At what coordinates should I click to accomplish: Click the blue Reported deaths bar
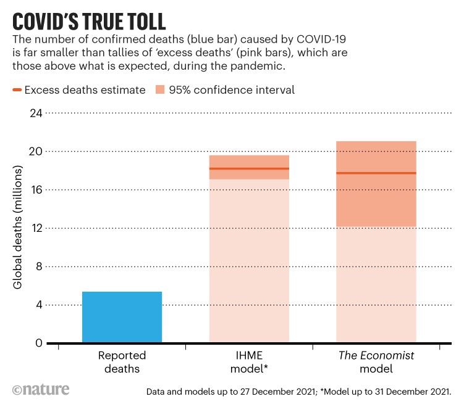(122, 317)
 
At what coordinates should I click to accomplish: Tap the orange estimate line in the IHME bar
(249, 168)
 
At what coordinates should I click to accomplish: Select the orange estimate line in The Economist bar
(376, 173)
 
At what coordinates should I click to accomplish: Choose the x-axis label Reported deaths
(122, 362)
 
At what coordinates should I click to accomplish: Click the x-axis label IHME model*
(249, 362)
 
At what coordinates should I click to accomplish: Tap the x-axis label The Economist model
(376, 362)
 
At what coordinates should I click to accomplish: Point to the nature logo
(41, 390)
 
